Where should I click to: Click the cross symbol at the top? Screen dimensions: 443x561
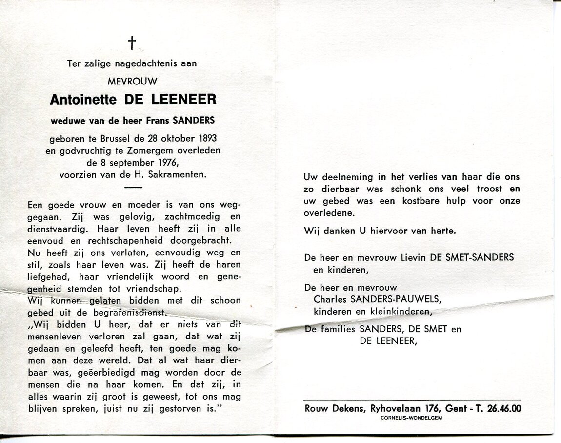pyautogui.click(x=131, y=43)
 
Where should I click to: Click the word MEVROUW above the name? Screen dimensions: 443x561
pyautogui.click(x=132, y=81)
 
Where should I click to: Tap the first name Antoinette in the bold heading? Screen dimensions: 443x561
pyautogui.click(x=83, y=100)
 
